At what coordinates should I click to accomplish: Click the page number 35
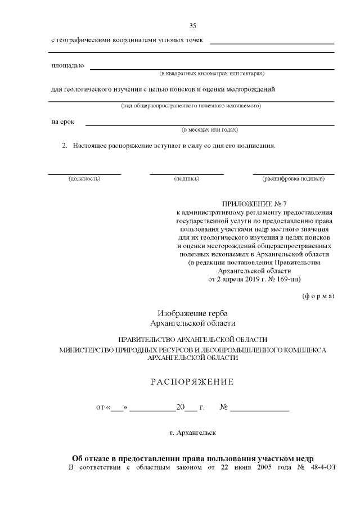pos(192,26)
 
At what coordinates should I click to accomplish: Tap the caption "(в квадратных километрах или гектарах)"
pos(212,73)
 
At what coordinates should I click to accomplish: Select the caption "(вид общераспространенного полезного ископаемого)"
pos(191,106)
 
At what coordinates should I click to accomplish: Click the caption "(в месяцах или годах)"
pos(209,129)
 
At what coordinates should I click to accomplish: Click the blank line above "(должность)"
pos(84,174)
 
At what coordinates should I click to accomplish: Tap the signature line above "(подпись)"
pos(186,174)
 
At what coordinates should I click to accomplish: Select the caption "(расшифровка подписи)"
pos(293,178)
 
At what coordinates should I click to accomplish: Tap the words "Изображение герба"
pos(193,313)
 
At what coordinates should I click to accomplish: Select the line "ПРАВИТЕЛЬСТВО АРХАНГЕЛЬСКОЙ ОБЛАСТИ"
pos(192,340)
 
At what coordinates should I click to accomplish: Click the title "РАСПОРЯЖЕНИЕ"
pos(192,382)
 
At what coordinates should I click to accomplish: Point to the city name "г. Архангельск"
pos(192,433)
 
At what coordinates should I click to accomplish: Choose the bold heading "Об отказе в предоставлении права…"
pos(192,458)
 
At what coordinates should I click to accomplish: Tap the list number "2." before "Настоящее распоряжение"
pos(65,146)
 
